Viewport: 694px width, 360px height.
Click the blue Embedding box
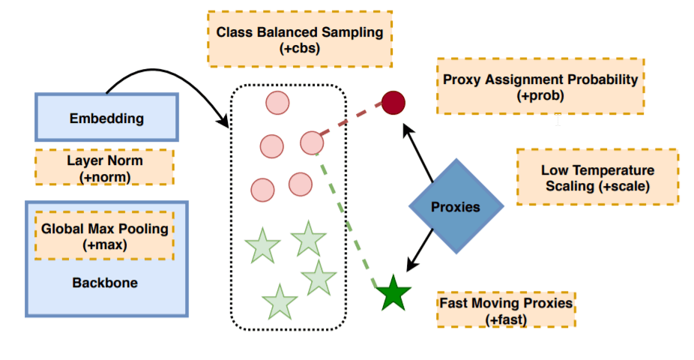(x=106, y=118)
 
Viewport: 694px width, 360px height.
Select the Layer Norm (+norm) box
(x=104, y=167)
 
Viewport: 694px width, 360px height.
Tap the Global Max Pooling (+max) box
(x=104, y=236)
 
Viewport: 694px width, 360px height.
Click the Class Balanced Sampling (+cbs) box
(x=300, y=39)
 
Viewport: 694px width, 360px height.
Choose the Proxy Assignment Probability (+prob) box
(x=540, y=86)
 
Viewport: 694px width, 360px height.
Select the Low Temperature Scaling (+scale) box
(x=597, y=177)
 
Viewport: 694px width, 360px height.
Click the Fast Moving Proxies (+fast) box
(x=507, y=310)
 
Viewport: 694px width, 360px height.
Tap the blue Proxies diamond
(x=456, y=206)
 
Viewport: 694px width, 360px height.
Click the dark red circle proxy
(x=393, y=102)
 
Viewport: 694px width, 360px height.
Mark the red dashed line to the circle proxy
(x=352, y=120)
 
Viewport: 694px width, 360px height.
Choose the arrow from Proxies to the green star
(x=420, y=252)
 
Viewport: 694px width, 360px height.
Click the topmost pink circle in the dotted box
(x=277, y=103)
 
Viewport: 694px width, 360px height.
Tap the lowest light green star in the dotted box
(x=280, y=301)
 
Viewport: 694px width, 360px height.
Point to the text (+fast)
(x=507, y=319)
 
